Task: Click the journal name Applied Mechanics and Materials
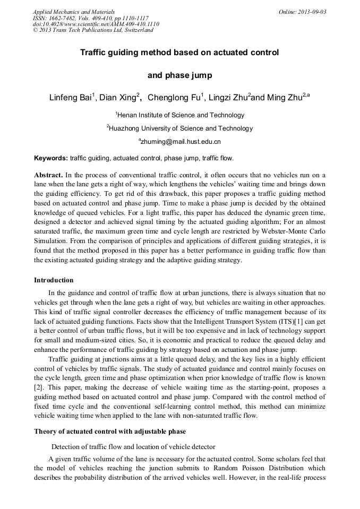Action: [74, 12]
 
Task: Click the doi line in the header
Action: [96, 24]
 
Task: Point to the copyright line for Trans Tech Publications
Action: [93, 30]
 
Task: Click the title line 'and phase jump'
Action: [179, 75]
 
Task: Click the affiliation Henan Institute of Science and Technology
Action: [181, 115]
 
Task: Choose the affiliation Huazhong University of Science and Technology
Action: [181, 128]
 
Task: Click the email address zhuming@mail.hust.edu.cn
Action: [181, 142]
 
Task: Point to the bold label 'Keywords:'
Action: [51, 158]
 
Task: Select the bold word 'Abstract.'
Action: [49, 175]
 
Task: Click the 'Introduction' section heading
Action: [54, 280]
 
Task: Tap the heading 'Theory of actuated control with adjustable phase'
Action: [110, 431]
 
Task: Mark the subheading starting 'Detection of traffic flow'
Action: [133, 446]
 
